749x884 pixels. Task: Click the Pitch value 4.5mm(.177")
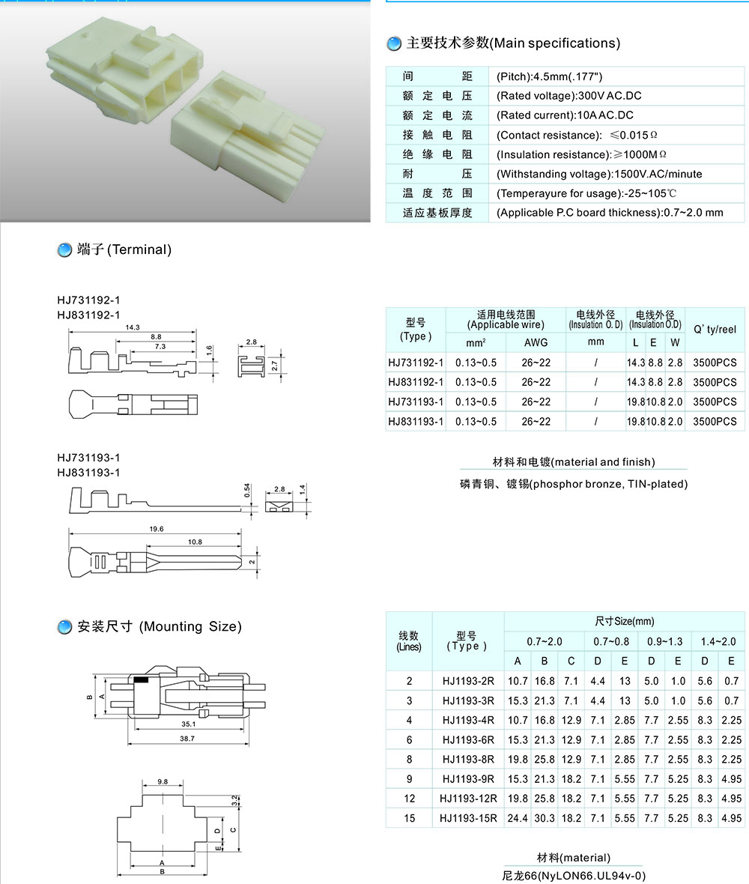pos(550,76)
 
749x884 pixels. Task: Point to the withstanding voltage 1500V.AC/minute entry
pos(599,174)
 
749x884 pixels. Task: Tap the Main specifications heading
pos(513,43)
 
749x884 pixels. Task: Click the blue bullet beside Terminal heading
pos(64,250)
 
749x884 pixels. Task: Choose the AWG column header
pos(536,342)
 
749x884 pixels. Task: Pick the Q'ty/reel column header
pos(715,330)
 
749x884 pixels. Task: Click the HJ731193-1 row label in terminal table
pos(416,402)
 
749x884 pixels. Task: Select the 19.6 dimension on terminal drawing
pos(156,529)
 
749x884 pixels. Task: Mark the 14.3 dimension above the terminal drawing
pos(133,327)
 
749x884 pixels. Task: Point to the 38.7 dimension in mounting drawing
pos(187,739)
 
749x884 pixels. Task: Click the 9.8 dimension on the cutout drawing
pos(163,781)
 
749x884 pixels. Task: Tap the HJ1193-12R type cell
pos(468,799)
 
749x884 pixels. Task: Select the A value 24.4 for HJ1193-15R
pos(518,818)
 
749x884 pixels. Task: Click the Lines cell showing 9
pos(409,779)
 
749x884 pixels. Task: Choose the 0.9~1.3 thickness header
pos(664,641)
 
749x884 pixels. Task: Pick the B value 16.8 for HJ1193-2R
pos(545,681)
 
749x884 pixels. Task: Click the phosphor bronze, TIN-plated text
pos(574,484)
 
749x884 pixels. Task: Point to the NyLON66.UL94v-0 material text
pos(574,875)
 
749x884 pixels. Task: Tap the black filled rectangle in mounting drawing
pos(141,679)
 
